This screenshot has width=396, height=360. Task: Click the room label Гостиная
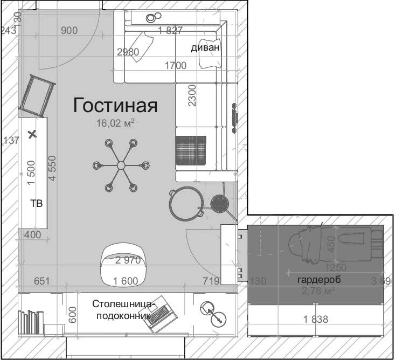[115, 105]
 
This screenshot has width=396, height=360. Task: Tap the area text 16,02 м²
[115, 123]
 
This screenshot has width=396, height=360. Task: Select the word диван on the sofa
[205, 47]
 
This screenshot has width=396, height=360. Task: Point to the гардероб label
[319, 280]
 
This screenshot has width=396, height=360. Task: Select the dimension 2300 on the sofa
[192, 96]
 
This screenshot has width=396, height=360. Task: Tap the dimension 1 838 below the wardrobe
[315, 320]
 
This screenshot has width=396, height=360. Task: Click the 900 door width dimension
[69, 31]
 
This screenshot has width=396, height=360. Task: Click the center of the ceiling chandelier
[121, 165]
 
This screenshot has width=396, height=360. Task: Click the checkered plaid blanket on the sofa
[191, 150]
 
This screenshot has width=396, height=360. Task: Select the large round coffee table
[185, 204]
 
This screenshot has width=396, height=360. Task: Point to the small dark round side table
[219, 203]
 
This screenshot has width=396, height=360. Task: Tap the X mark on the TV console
[32, 134]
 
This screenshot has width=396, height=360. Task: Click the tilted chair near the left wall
[38, 95]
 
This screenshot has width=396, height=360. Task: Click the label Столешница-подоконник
[123, 310]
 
